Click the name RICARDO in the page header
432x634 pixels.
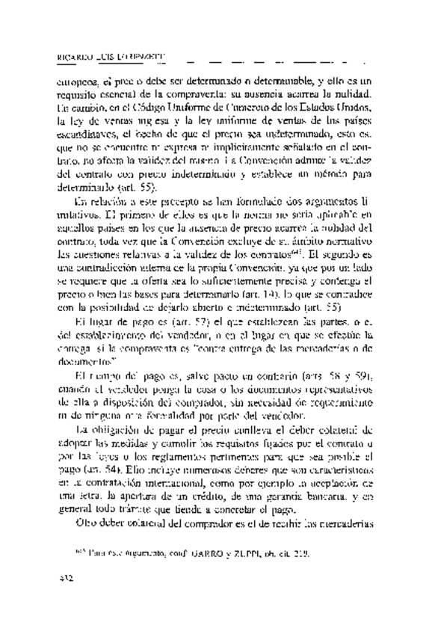[75, 55]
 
